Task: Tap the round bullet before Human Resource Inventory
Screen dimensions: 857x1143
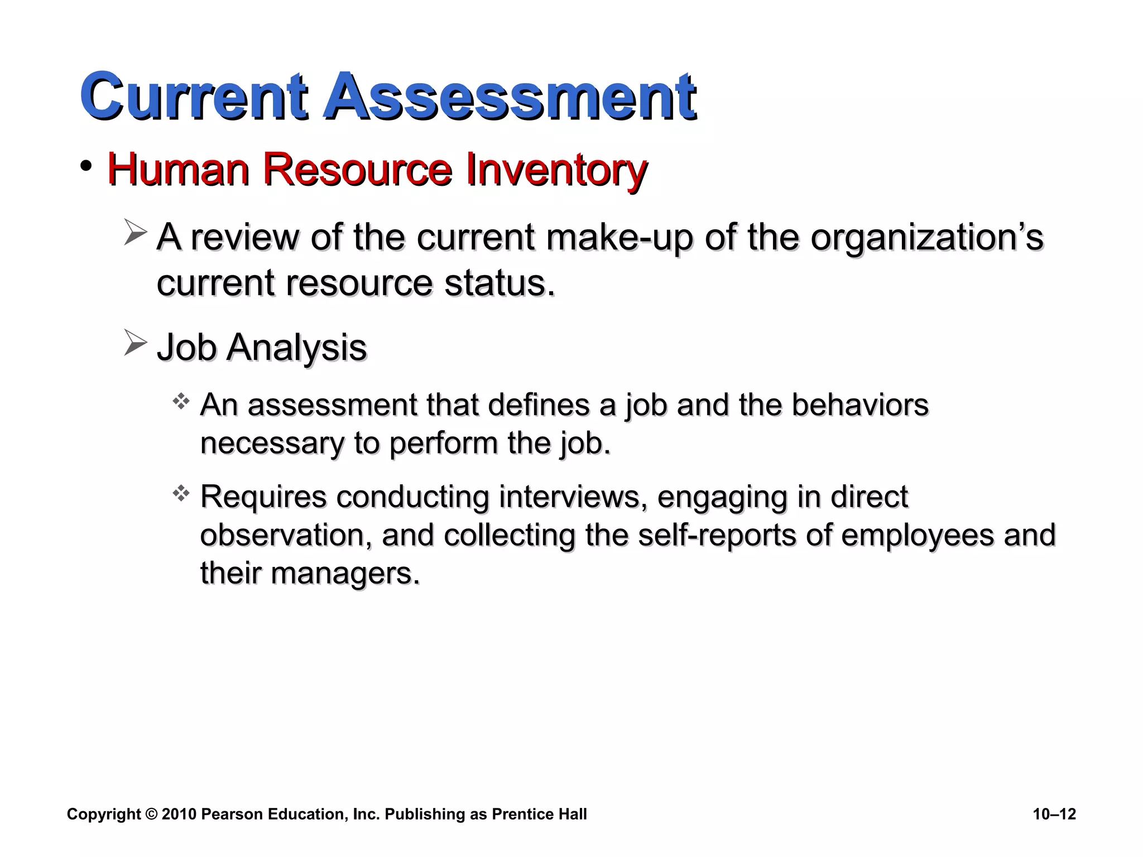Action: pos(86,166)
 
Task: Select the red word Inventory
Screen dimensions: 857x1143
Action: pos(556,169)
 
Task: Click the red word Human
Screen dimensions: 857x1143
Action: pos(178,169)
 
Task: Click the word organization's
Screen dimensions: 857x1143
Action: pos(926,238)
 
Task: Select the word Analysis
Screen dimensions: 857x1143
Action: pos(296,348)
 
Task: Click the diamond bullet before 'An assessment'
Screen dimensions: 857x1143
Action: pos(181,401)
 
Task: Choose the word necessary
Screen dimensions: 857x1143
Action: pos(271,444)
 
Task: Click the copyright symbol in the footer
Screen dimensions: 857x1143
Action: pos(151,814)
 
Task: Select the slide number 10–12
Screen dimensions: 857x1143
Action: pos(1054,814)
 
